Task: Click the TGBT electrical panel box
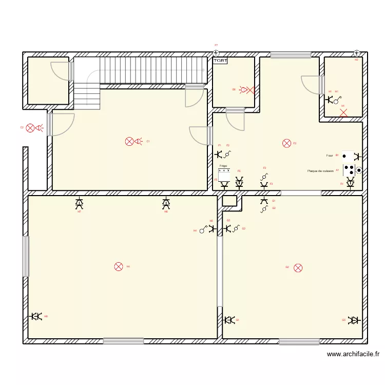[220, 61]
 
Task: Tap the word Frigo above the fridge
[223, 166]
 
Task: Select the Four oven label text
[329, 156]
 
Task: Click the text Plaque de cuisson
[320, 171]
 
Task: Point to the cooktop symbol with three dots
[349, 170]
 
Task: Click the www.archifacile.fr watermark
[354, 354]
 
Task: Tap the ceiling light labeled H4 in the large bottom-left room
[119, 266]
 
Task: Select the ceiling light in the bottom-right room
[298, 267]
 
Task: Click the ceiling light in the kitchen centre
[286, 143]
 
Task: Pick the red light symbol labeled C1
[130, 141]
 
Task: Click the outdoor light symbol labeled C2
[30, 128]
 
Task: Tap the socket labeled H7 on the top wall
[80, 204]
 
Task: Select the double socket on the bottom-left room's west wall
[36, 316]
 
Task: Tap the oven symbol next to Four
[348, 155]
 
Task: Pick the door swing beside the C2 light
[62, 125]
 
